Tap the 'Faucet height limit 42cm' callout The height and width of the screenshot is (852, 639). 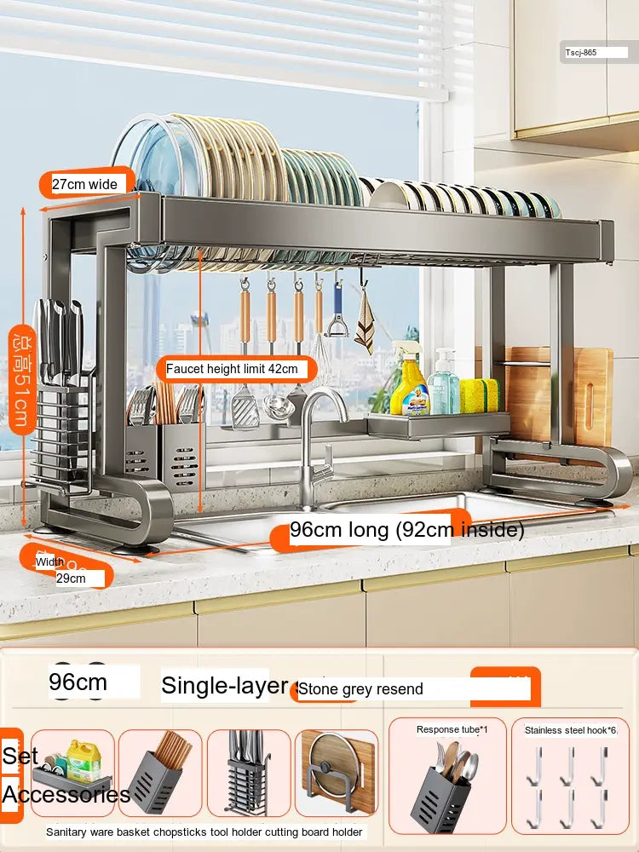[x=232, y=369]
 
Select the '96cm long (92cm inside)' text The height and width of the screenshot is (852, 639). [x=406, y=530]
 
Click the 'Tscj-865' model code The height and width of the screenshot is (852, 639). [x=581, y=52]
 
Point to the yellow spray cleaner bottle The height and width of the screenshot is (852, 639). [x=409, y=383]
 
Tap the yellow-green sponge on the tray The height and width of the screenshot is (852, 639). [x=480, y=396]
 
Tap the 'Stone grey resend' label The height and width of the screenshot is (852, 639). [x=360, y=689]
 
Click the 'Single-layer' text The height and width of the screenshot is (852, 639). [x=225, y=685]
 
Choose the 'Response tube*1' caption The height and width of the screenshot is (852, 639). [x=452, y=729]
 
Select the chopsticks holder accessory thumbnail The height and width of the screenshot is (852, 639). [x=160, y=773]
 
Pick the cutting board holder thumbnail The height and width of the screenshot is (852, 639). [x=337, y=773]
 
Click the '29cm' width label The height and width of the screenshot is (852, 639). [x=72, y=579]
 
